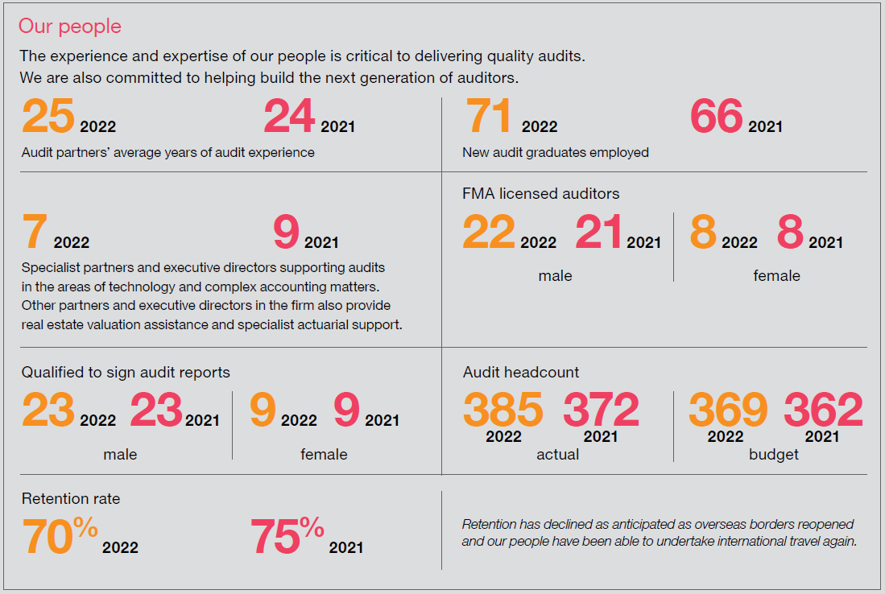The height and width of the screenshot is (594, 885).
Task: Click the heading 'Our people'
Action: (x=70, y=27)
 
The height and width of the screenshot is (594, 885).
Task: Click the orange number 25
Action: (x=48, y=117)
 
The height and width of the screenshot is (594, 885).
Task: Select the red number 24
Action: (x=289, y=117)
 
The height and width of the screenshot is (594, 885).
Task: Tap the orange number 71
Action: (x=489, y=117)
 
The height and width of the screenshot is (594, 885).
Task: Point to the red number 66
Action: (x=716, y=117)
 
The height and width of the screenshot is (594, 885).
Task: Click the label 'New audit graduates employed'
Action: (x=555, y=152)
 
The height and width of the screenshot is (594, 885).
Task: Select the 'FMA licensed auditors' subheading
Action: (x=541, y=194)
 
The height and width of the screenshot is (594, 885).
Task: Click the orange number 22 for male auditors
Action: (x=489, y=233)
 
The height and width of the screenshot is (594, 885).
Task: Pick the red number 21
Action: (x=598, y=233)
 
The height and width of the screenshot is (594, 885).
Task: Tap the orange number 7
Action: (x=35, y=233)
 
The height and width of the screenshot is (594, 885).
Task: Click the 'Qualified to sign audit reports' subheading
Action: (x=126, y=372)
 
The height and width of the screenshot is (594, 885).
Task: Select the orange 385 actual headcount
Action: (x=503, y=410)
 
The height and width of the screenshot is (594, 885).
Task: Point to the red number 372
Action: (x=601, y=410)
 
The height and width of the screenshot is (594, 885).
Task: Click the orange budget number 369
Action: (x=728, y=410)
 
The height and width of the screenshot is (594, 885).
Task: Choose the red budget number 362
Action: (x=823, y=410)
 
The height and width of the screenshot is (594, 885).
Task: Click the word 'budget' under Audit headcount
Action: (x=774, y=455)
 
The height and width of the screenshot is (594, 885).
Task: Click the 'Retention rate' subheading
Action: (x=71, y=499)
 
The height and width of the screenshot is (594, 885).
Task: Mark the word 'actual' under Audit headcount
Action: (x=557, y=455)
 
